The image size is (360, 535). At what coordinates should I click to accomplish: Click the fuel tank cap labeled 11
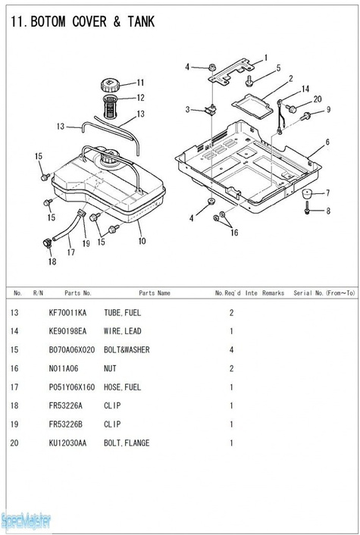point(109,85)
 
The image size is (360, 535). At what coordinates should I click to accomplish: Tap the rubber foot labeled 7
point(308,194)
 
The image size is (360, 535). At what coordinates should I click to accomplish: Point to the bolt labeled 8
point(307,208)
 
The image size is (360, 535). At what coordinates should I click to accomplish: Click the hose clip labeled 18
point(47,243)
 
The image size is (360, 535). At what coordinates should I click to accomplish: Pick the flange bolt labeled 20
point(291,109)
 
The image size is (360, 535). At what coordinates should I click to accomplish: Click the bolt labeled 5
point(249,81)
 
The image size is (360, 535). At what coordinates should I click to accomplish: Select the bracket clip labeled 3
point(211,110)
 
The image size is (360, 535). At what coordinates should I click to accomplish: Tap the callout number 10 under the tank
point(142,241)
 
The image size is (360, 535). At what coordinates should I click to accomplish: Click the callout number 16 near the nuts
point(234,233)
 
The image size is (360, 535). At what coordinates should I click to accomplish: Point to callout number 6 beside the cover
point(327,142)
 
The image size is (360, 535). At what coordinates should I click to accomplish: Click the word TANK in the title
point(141,22)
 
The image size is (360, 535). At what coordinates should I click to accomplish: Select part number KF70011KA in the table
point(67,313)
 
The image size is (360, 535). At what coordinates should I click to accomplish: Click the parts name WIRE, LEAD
point(123,331)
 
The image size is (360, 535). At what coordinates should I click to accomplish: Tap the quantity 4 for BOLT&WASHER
point(231,350)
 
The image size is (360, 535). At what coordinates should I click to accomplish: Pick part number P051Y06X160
point(72,387)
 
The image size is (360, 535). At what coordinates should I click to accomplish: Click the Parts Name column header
point(155,293)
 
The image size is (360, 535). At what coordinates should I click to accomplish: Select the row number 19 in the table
point(14,424)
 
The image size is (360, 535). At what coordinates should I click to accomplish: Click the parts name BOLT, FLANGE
point(127,443)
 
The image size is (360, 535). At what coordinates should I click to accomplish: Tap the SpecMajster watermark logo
point(26,521)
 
